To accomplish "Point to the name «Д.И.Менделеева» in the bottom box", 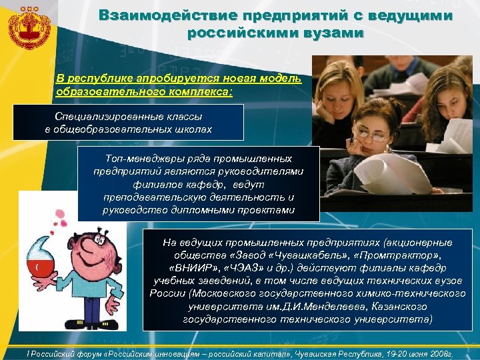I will pyautogui.click(x=303, y=307).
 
